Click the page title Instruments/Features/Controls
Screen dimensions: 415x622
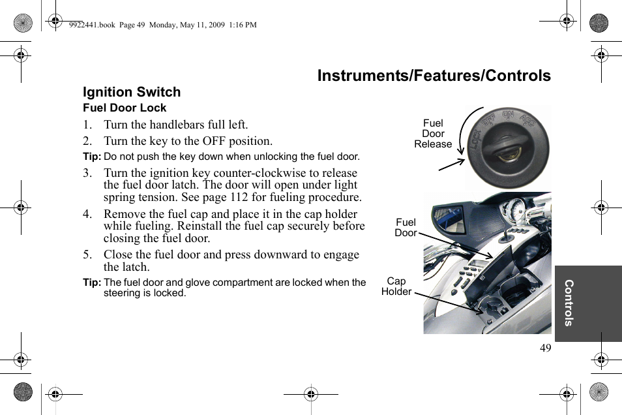coord(434,76)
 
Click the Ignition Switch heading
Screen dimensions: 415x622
coord(132,92)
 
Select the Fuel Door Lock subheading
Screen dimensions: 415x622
coord(125,108)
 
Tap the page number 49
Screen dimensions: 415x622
coord(545,348)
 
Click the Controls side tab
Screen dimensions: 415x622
coord(569,303)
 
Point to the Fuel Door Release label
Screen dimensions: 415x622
coord(433,134)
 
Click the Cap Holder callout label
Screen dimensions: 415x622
coord(396,286)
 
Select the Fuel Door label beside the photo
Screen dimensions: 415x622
coord(406,228)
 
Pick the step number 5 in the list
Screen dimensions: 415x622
coord(86,254)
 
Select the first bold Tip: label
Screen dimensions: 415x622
coord(92,157)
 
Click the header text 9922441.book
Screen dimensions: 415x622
coord(92,25)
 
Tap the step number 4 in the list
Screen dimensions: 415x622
coord(86,214)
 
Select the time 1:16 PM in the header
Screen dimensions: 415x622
coord(243,25)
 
